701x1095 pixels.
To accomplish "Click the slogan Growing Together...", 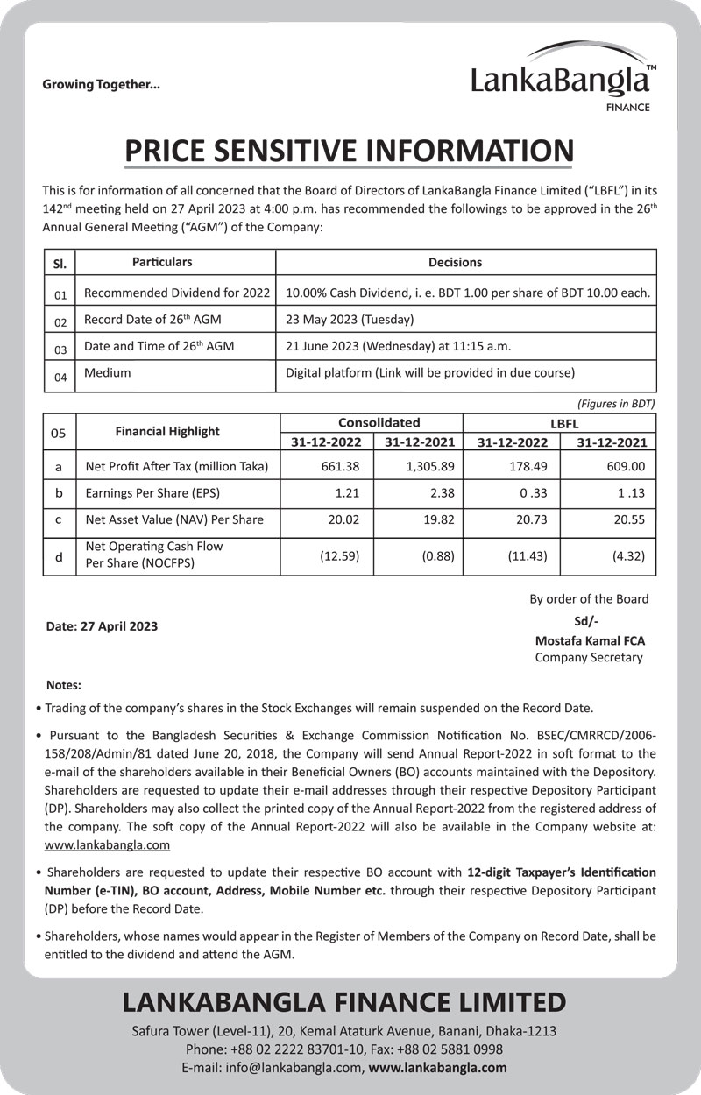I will [x=102, y=85].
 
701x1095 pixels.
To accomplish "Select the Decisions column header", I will [x=455, y=262].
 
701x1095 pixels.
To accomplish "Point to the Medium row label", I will [x=107, y=373].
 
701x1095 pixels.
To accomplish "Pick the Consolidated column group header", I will [x=379, y=422].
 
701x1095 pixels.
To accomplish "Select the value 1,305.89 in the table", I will [x=430, y=466].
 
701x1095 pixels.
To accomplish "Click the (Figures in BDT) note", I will [x=616, y=403].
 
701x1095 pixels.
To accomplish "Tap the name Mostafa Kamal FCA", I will [x=590, y=640].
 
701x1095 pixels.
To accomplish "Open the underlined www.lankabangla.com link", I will [x=107, y=845].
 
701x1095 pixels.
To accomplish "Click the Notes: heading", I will [x=63, y=684].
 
